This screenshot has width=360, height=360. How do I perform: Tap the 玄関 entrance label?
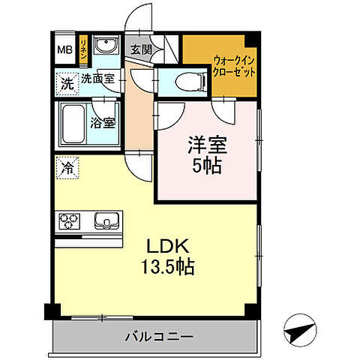click(140, 51)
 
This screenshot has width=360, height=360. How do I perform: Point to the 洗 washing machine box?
click(67, 83)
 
